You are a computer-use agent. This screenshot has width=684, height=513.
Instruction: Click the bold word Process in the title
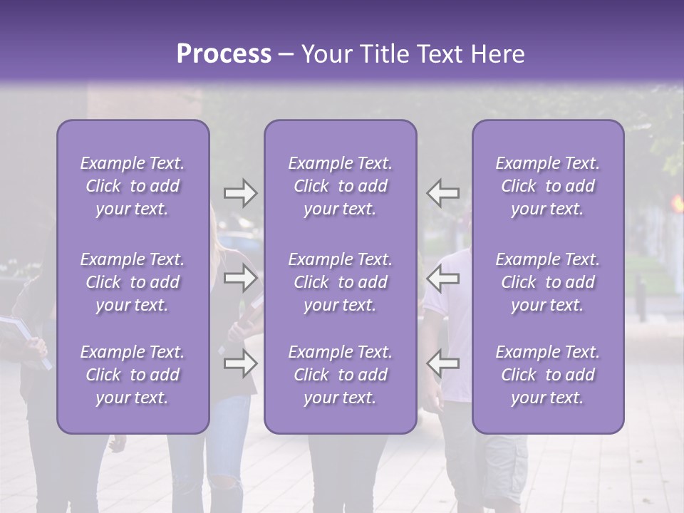[x=224, y=54]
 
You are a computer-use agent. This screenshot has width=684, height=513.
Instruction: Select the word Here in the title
[x=498, y=54]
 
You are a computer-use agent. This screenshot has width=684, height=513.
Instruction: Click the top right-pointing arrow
[x=240, y=193]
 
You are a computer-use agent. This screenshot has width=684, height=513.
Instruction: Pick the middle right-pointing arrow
[x=240, y=278]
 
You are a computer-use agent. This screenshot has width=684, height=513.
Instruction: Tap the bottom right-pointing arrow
[x=240, y=363]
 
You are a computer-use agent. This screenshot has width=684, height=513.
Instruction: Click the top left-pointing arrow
[x=442, y=193]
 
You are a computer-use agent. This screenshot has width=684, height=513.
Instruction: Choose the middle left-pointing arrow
[x=442, y=278]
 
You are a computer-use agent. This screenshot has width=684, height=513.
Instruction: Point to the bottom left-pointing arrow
[x=442, y=363]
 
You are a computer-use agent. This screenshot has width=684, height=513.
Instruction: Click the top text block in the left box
[x=133, y=186]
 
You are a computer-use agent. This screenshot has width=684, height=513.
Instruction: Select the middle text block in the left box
[x=133, y=282]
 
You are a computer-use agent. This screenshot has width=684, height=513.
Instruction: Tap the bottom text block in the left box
[x=133, y=375]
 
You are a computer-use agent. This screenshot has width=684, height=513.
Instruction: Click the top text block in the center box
[x=340, y=186]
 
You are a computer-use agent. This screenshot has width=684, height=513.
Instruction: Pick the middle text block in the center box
[x=340, y=282]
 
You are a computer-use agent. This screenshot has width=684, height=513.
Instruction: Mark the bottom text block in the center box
[x=340, y=375]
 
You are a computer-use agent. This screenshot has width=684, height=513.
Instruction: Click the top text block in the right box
[x=547, y=186]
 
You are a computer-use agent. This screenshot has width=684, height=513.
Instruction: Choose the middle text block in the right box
[x=547, y=282]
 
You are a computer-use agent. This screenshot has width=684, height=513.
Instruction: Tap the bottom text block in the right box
[x=547, y=375]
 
